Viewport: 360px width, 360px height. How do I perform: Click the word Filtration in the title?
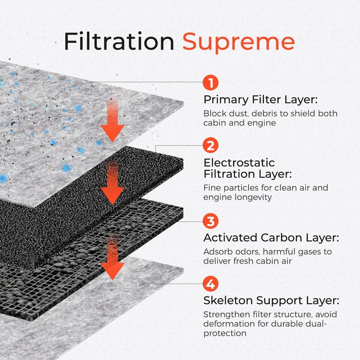(x=119, y=41)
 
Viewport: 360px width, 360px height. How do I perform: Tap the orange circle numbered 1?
(x=210, y=82)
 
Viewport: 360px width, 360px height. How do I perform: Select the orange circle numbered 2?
(x=210, y=145)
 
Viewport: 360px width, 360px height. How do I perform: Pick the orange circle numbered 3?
(x=210, y=221)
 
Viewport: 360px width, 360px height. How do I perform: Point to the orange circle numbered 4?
(x=210, y=284)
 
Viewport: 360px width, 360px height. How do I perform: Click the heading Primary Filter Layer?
(x=261, y=100)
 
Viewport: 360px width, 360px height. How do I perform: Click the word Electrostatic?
(x=239, y=162)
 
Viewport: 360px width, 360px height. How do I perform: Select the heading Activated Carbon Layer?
(x=271, y=238)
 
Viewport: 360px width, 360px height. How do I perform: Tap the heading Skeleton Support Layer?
(x=271, y=301)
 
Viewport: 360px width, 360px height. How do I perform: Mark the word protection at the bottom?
(x=225, y=333)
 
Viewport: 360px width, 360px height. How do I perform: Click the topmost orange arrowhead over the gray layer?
(x=112, y=133)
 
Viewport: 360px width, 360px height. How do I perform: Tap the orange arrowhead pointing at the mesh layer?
(x=112, y=196)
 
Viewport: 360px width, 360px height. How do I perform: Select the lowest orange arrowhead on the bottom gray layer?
(x=112, y=271)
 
